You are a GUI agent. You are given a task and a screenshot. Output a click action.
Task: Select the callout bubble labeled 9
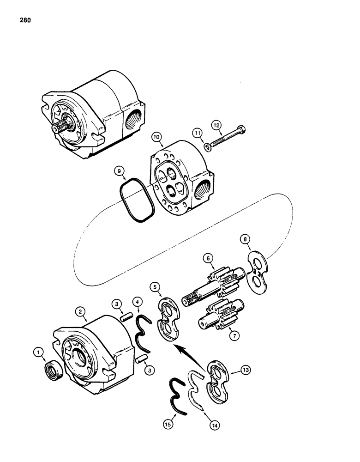tap(121, 172)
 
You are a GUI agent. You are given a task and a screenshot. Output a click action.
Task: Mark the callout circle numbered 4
tap(138, 303)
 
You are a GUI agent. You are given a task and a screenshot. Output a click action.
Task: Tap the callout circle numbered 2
tap(81, 312)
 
